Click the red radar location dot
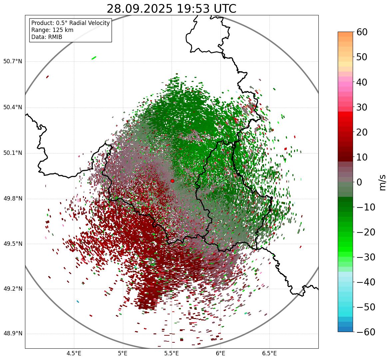tap(173, 181)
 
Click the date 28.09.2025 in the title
tap(139, 9)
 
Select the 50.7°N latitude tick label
tap(13, 62)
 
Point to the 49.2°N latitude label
tap(13, 289)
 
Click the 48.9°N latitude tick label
tap(13, 334)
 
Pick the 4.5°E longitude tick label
tap(74, 353)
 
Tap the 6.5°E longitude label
tap(269, 353)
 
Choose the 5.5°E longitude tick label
tap(172, 353)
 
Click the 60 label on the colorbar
tap(362, 32)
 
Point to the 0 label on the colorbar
tap(359, 182)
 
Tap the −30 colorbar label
tap(366, 257)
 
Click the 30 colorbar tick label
tap(362, 107)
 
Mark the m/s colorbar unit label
tap(383, 182)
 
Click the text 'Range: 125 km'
tap(52, 30)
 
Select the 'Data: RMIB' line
tap(47, 37)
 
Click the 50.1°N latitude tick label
tap(13, 153)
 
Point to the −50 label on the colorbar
tap(366, 307)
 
